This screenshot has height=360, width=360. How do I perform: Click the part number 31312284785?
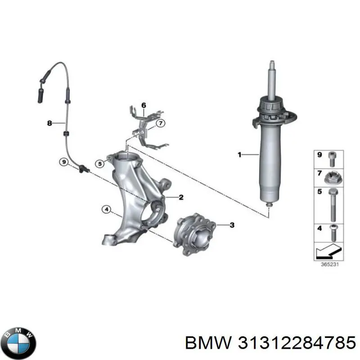tap(297, 343)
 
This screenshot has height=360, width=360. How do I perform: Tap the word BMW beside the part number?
tap(208, 343)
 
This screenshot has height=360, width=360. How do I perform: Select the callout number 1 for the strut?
tap(239, 155)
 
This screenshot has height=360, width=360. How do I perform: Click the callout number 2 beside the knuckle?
tap(181, 197)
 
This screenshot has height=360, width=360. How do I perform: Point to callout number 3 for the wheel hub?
tap(232, 225)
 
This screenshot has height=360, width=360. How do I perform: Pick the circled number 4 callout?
tap(107, 209)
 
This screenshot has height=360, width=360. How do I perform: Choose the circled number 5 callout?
tap(99, 164)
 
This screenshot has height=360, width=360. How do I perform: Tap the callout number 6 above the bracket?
tap(144, 105)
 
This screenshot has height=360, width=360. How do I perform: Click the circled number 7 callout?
tap(161, 123)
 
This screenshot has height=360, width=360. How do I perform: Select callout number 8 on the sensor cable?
tap(49, 123)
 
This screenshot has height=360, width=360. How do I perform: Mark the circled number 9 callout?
tap(64, 162)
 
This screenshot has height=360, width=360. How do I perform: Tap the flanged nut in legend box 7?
tap(333, 178)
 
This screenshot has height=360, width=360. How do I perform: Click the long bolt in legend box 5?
tap(333, 205)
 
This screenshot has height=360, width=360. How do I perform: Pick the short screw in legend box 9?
tap(332, 159)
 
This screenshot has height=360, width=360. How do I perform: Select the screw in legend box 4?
tap(333, 233)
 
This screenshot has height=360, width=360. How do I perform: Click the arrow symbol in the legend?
tap(329, 252)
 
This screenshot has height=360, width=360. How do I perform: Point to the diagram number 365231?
tap(329, 264)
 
